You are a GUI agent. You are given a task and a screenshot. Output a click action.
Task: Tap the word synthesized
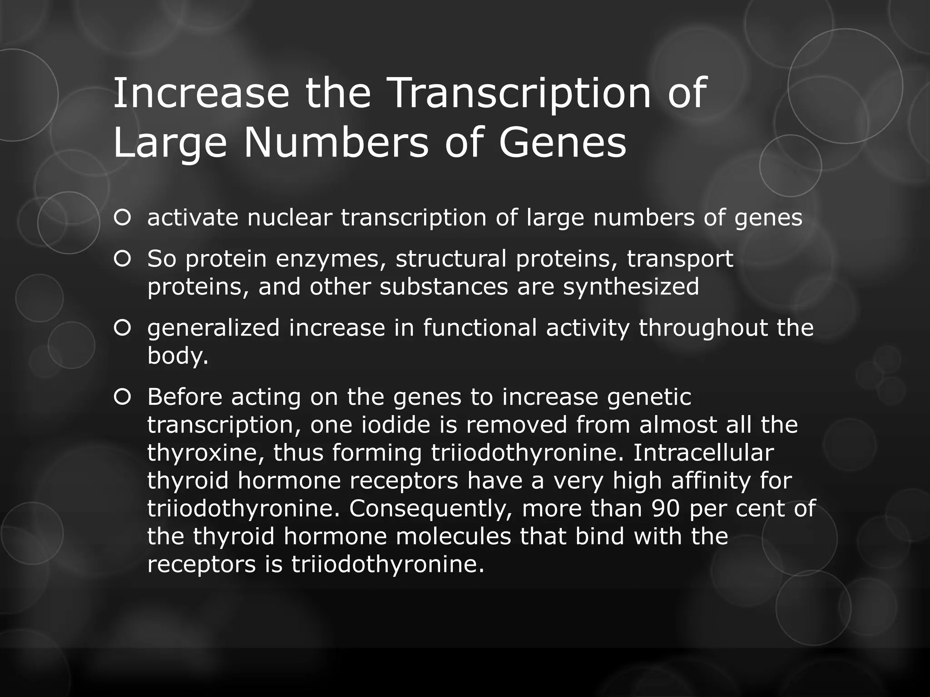[x=631, y=287]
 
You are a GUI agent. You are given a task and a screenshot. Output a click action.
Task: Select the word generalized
[x=213, y=328]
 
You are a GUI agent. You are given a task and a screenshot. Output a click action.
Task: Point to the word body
[x=178, y=356]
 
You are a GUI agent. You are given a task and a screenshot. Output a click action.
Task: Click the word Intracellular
[x=703, y=453]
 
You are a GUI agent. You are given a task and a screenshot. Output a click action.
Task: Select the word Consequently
[x=431, y=509]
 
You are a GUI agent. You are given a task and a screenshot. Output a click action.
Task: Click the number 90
[x=665, y=509]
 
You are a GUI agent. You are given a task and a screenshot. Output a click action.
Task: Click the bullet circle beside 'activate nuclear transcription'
[x=123, y=218]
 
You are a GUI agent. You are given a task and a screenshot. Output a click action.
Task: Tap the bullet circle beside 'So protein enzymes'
[x=123, y=259]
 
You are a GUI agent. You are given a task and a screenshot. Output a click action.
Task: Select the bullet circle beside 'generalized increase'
[x=123, y=328]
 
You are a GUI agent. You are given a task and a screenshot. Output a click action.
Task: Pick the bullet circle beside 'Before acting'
[x=123, y=398]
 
